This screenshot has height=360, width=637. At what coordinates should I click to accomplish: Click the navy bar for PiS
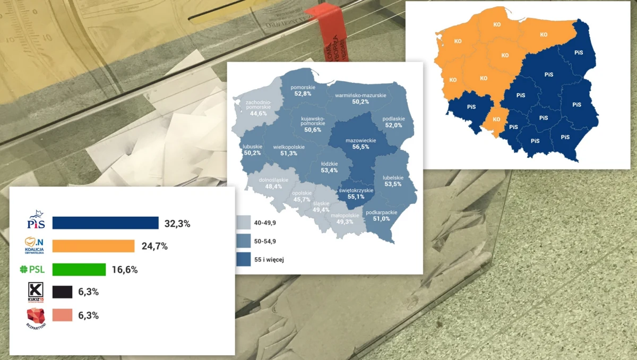105,223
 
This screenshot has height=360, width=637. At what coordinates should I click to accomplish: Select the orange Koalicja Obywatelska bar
93,246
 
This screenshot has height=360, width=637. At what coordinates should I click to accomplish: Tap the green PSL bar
79,269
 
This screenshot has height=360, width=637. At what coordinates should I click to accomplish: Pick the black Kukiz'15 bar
63,292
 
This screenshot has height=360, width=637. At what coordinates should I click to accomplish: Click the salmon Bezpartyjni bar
63,315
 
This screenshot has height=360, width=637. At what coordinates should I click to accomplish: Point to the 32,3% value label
177,224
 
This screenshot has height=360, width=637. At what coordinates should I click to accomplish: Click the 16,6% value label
125,270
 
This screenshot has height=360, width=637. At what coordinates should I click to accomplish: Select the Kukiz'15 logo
35,292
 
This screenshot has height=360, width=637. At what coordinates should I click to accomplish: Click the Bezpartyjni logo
36,317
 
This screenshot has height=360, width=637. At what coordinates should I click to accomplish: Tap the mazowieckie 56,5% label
360,144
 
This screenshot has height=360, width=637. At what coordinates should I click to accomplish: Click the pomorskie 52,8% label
303,90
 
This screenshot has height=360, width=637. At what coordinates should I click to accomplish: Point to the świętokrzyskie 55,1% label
356,193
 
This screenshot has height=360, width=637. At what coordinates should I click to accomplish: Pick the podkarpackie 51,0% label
377,216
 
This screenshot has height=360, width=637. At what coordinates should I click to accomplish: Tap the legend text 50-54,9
272,241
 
